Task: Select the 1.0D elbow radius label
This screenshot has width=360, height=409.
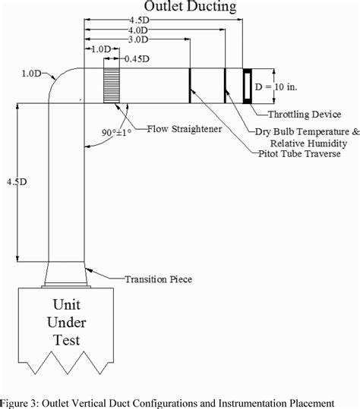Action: [32, 74]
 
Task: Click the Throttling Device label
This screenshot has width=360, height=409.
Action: [303, 115]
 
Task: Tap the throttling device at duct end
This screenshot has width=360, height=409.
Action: [248, 86]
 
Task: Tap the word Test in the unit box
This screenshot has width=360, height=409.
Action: [66, 339]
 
